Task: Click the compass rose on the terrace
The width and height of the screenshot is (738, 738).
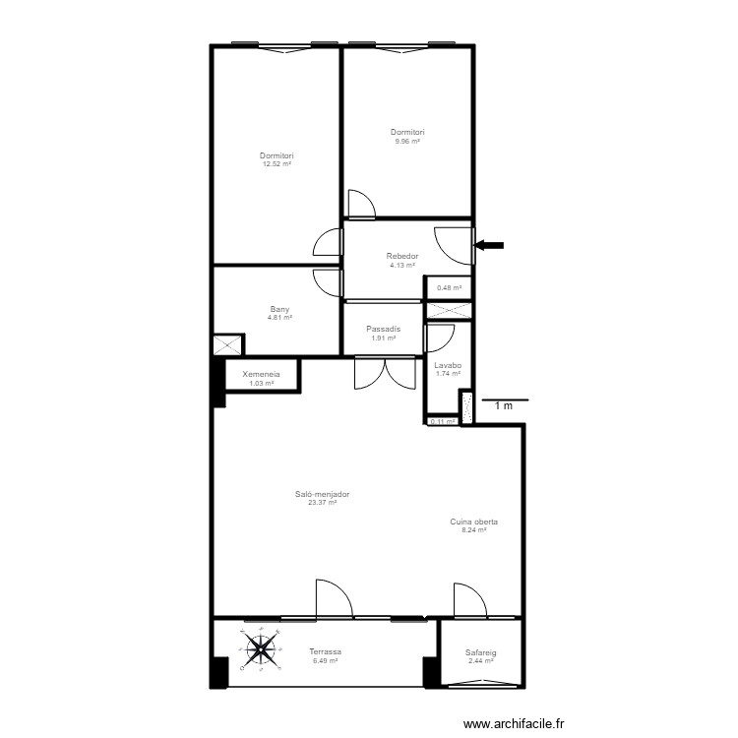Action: pyautogui.click(x=261, y=647)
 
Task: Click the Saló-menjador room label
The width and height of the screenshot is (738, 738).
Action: pyautogui.click(x=322, y=495)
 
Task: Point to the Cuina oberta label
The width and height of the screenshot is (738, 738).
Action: pyautogui.click(x=473, y=523)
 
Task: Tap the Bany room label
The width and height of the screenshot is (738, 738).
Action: pyautogui.click(x=280, y=309)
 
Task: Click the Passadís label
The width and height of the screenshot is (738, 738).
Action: pyautogui.click(x=383, y=330)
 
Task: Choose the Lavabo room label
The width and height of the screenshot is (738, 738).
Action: pyautogui.click(x=448, y=366)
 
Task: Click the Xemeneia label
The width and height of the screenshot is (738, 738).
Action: pyautogui.click(x=262, y=374)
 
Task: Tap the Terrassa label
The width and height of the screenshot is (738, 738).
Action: pyautogui.click(x=325, y=652)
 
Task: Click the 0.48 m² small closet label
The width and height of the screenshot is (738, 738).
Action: pyautogui.click(x=449, y=288)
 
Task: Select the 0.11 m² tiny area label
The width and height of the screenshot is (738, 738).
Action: pyautogui.click(x=442, y=422)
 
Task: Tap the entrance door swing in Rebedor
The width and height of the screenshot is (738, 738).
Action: pyautogui.click(x=454, y=244)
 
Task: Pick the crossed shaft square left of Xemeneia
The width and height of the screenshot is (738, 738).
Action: pyautogui.click(x=227, y=345)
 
